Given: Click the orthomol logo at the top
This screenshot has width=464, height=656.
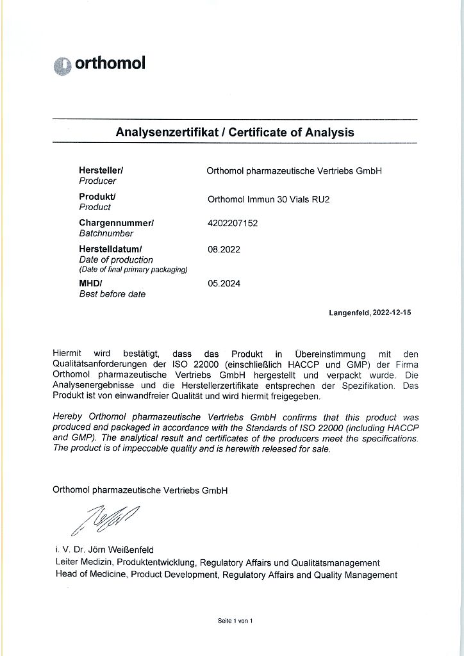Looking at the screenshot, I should (99, 64).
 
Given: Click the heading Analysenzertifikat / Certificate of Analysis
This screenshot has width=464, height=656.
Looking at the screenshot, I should (235, 133).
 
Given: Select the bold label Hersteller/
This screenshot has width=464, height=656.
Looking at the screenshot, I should (101, 170).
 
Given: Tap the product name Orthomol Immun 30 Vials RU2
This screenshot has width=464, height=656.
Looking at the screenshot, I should (269, 199).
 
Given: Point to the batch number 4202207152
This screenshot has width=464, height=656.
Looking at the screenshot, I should (233, 223).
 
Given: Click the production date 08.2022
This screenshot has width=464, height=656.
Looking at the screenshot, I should (224, 249).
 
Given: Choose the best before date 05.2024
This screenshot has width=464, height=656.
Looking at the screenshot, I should (224, 283).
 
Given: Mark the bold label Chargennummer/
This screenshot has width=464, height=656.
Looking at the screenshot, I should (116, 223).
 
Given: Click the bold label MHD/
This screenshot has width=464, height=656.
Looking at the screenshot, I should (91, 283).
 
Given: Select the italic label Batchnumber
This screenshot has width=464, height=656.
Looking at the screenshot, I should (106, 234).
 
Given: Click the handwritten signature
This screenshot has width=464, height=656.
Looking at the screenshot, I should (105, 519).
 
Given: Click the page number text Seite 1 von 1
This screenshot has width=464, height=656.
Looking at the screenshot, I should (235, 621).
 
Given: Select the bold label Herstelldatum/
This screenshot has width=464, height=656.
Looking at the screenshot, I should (110, 249).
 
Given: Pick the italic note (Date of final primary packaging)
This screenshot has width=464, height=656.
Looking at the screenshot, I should (133, 270).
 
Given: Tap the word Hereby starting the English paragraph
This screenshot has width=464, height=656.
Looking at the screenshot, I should (68, 417).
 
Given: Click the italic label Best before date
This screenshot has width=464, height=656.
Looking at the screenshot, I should (112, 294).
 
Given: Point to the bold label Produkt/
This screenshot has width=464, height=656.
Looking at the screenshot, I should (97, 197).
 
